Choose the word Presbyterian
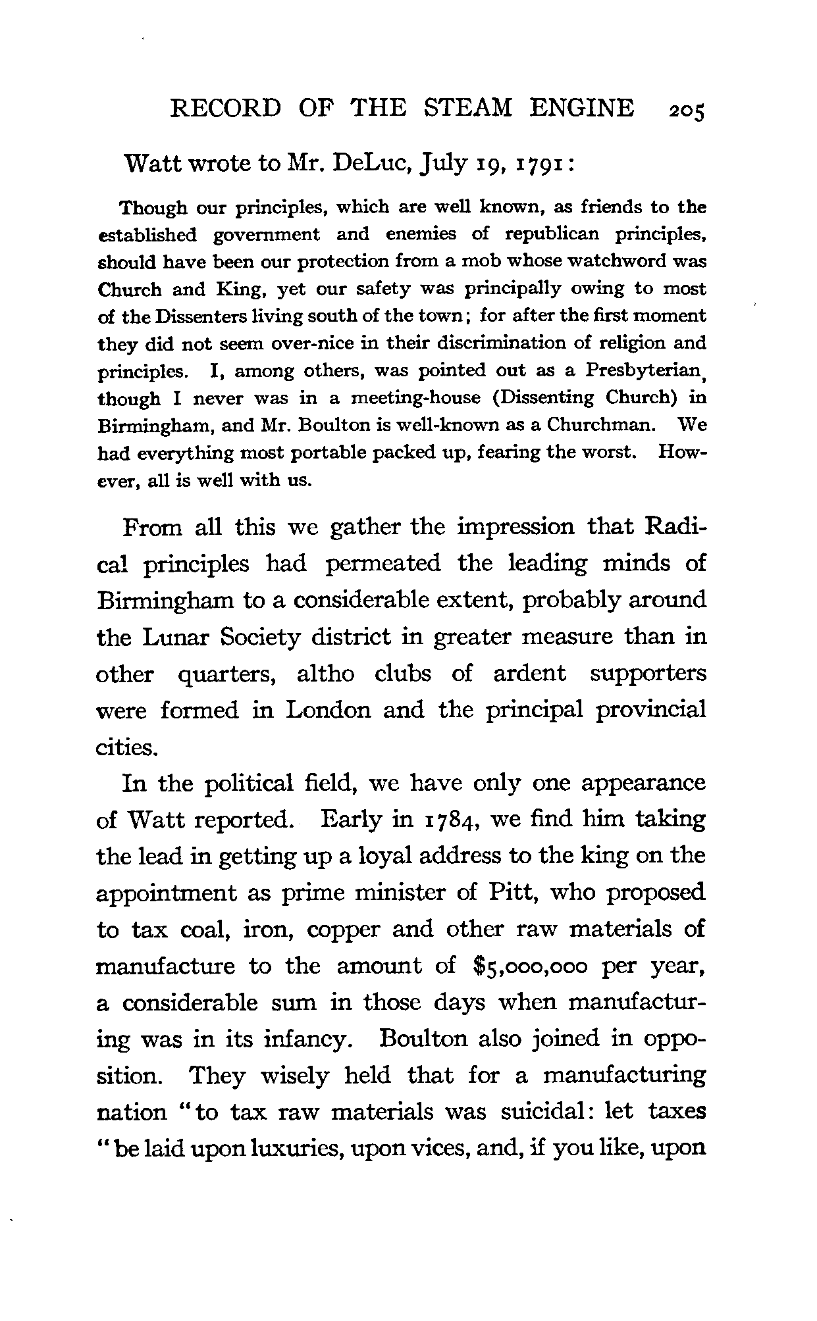tap(643, 371)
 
